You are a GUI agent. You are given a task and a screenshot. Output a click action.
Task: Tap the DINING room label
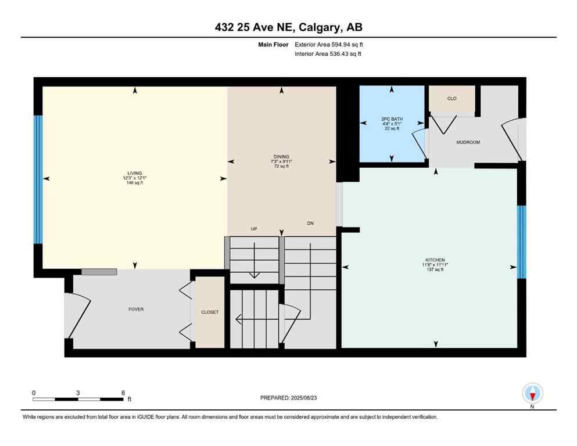[281, 156]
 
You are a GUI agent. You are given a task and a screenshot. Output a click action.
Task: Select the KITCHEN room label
[435, 260]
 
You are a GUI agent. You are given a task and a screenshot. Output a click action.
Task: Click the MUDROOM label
[468, 142]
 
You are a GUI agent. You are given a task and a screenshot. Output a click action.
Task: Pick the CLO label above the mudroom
[451, 99]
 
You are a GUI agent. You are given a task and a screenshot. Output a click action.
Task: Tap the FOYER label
[135, 310]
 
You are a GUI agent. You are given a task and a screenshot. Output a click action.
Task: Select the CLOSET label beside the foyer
[210, 312]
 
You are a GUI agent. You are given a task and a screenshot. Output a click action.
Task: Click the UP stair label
[254, 229]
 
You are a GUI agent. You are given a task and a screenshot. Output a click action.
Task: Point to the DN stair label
[310, 224]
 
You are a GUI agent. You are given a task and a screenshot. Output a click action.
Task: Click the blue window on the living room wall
[38, 179]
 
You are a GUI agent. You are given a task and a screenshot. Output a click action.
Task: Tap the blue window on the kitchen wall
[521, 242]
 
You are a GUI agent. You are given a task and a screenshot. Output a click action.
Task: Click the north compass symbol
[532, 394]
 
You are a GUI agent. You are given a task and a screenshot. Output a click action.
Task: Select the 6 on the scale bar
[123, 393]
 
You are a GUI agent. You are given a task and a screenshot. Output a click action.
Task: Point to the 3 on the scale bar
[78, 393]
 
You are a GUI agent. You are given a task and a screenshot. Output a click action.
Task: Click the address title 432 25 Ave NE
[289, 27]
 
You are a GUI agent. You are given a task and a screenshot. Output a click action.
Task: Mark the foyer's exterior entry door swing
[77, 314]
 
